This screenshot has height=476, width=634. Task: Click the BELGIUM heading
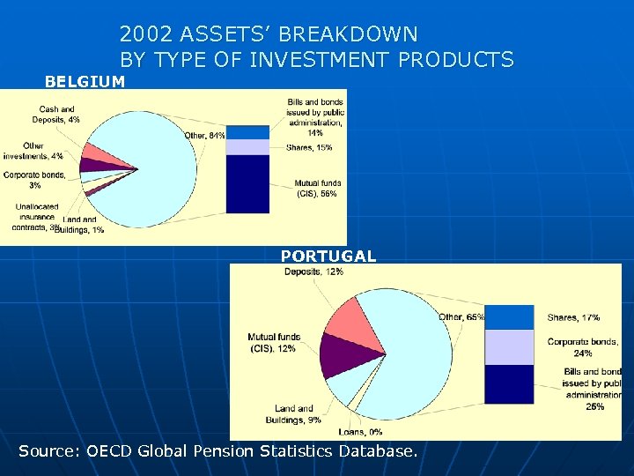(x=85, y=82)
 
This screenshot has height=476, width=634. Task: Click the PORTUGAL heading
(x=328, y=257)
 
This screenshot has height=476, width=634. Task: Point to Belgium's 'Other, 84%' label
(x=204, y=135)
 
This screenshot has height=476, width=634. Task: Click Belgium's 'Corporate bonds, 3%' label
(x=34, y=180)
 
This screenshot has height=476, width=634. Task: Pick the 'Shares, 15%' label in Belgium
(x=309, y=147)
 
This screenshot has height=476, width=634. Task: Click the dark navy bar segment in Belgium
(x=247, y=183)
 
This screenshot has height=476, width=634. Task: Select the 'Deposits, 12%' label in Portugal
(x=313, y=272)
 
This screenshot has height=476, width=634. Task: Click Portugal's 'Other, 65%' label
(x=461, y=317)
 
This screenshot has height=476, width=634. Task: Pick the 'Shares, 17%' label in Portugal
(x=573, y=317)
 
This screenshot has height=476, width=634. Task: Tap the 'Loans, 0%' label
(x=360, y=432)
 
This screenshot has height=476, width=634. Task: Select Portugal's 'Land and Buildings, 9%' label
(x=298, y=414)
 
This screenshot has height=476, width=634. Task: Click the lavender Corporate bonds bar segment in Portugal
(x=509, y=347)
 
